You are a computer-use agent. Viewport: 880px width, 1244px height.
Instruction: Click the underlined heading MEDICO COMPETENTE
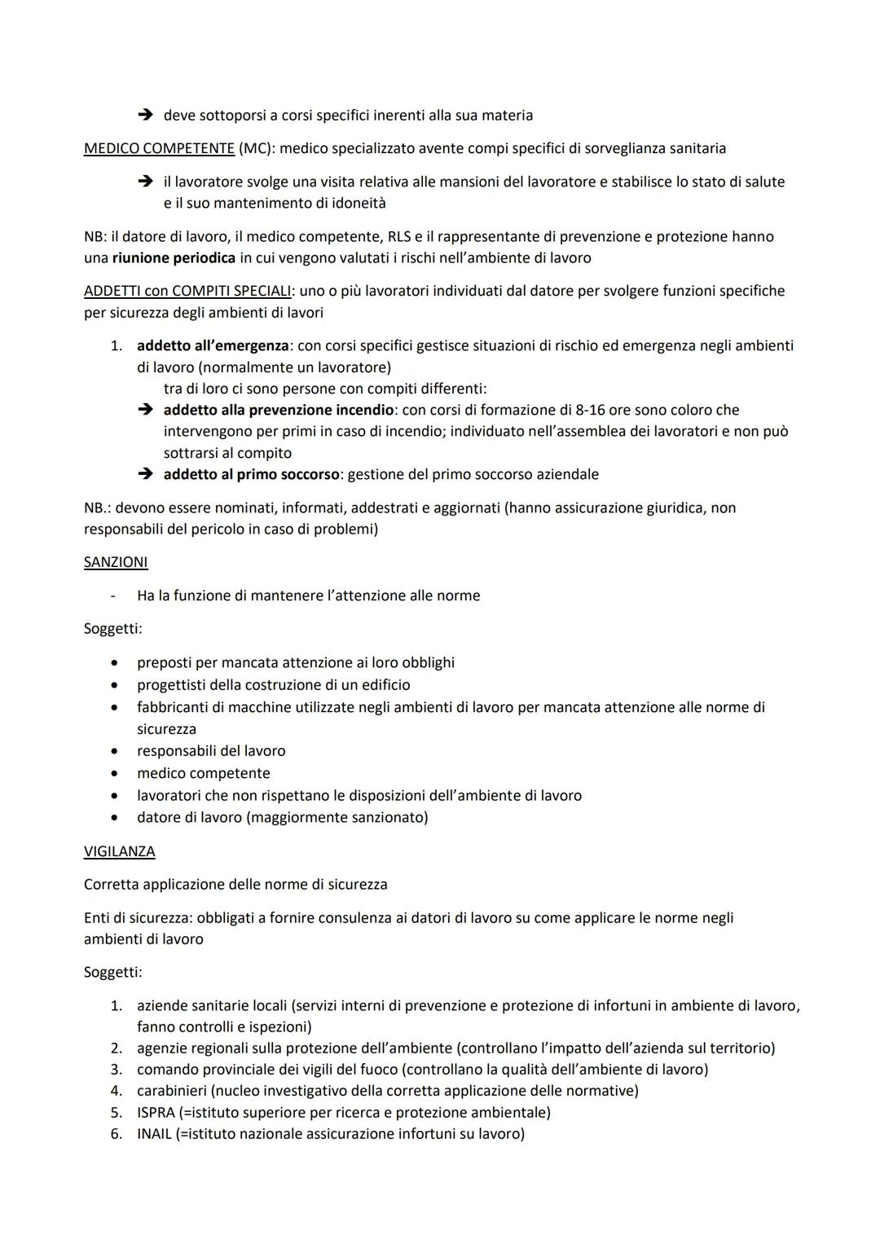tap(159, 148)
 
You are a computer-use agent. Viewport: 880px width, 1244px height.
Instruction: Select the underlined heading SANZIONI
tap(116, 562)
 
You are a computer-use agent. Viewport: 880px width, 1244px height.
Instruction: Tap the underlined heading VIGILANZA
tap(119, 851)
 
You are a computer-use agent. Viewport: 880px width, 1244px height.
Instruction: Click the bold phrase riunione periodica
tap(174, 257)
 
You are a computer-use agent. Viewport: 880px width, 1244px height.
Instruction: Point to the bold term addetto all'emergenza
tap(212, 345)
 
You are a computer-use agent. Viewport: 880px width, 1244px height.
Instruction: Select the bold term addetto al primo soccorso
tap(251, 474)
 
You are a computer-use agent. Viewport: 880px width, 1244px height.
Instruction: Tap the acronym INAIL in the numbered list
tap(155, 1133)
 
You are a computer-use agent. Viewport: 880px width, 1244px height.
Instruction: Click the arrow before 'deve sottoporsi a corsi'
tap(145, 116)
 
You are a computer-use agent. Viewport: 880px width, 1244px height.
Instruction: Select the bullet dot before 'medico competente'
tap(115, 773)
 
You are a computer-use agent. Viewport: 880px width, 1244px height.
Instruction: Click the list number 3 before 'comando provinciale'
tap(117, 1069)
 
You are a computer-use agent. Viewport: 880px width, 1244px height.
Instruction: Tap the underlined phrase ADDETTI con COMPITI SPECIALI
tap(187, 291)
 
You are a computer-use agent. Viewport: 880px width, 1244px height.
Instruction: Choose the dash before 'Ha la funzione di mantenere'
tap(112, 596)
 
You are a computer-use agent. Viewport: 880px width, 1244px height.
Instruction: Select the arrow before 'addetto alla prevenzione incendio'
tap(145, 410)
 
